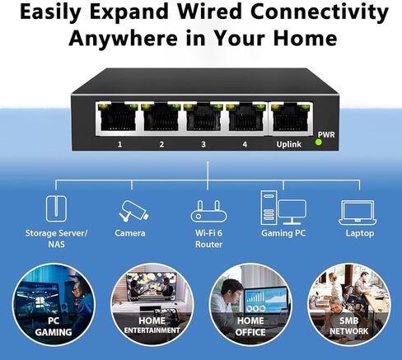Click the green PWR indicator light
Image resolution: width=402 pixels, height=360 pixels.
tap(319, 143)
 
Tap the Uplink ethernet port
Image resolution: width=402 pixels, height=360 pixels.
tap(290, 119)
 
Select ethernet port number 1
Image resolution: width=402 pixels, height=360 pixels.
tap(118, 119)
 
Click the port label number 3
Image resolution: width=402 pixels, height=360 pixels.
tap(203, 144)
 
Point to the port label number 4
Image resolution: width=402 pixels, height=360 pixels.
tap(245, 144)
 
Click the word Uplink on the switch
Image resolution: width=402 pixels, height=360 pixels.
tap(288, 144)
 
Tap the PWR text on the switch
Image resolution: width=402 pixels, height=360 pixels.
tap(326, 135)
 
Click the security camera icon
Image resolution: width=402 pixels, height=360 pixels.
tap(133, 211)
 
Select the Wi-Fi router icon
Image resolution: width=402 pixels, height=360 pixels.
tap(208, 211)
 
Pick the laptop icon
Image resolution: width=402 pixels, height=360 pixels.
tap(358, 213)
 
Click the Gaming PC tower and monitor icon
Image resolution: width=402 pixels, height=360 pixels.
tap(283, 208)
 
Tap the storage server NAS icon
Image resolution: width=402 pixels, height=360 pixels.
tap(56, 208)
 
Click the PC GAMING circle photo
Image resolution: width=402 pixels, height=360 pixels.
tap(54, 305)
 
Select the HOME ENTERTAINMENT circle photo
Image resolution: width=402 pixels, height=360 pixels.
tap(152, 305)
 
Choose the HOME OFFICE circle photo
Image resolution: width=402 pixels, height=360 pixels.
tap(250, 305)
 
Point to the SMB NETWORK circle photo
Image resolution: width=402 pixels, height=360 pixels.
tap(348, 305)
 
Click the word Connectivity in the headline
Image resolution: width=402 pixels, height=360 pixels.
tap(320, 12)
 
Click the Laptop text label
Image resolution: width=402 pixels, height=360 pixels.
tap(360, 233)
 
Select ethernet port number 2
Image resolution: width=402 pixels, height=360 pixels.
tap(161, 119)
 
